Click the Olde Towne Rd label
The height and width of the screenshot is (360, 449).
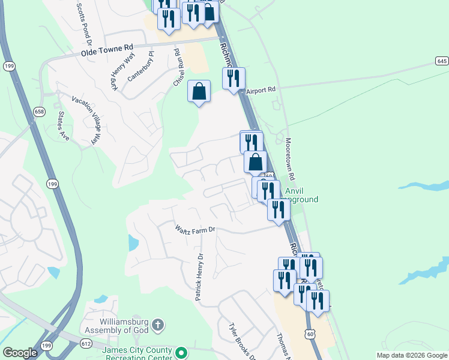tap(107, 50)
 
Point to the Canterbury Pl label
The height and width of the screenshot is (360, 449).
tap(142, 67)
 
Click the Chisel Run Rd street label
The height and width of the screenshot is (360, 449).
tap(178, 68)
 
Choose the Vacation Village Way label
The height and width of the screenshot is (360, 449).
tap(85, 120)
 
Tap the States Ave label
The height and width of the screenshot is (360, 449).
tap(63, 125)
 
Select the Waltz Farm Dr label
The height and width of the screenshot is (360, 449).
tap(194, 230)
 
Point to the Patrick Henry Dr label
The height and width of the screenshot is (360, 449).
tap(199, 277)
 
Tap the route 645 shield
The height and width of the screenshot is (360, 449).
tap(442, 62)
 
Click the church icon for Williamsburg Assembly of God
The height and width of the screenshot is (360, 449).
tap(157, 325)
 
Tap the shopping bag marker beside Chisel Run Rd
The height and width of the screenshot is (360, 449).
tap(199, 92)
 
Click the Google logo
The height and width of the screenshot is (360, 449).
tap(20, 353)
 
